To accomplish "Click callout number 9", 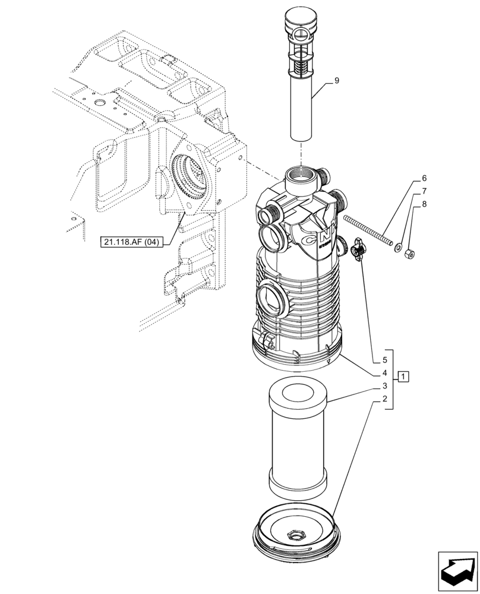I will coord(336,80).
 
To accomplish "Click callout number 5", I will coord(384,360).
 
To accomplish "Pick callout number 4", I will coord(384,373).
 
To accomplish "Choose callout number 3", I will coord(384,386).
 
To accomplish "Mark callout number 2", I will coord(384,399).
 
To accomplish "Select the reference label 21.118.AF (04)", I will coord(130,242).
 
